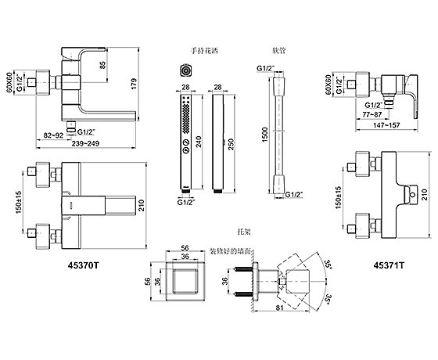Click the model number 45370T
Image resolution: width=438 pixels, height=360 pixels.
[83, 265]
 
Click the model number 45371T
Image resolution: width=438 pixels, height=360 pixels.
[389, 265]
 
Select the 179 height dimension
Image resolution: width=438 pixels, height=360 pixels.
[134, 84]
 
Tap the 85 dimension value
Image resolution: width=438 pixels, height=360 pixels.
[102, 65]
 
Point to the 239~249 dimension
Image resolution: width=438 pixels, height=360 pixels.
[85, 143]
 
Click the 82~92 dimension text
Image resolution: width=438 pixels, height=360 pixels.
[53, 135]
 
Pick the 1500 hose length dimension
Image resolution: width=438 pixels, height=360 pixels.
[265, 135]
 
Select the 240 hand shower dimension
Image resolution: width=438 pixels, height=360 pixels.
[199, 142]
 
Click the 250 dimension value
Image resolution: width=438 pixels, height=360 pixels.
[231, 144]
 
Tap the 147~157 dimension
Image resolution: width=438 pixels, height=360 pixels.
[386, 125]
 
